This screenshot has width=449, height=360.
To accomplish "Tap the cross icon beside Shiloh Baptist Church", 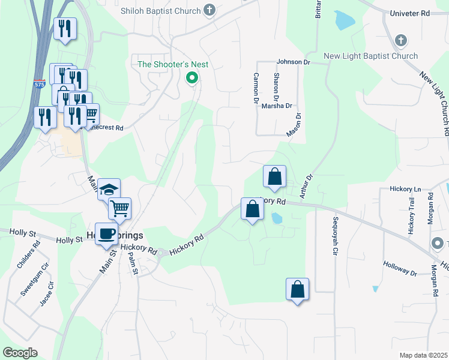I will [x=209, y=10].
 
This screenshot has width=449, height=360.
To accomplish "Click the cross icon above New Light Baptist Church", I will [x=401, y=41].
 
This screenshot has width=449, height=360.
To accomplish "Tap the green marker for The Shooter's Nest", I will [x=192, y=77].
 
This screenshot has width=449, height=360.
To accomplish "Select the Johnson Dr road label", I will [x=293, y=61].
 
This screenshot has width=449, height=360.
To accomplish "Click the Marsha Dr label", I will [x=277, y=106].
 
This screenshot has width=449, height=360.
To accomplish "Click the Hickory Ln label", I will [x=402, y=188].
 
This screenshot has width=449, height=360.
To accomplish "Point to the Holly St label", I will [x=69, y=240].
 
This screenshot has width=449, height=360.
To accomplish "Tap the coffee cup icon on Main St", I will [x=106, y=233].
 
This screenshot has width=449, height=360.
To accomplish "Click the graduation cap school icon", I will [x=109, y=190].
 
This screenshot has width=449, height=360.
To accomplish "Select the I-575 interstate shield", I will [x=40, y=83].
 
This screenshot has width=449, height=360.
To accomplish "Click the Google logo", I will [x=20, y=352].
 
